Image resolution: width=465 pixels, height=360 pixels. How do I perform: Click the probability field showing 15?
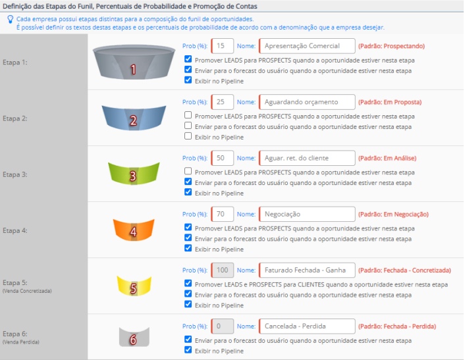point(223,46)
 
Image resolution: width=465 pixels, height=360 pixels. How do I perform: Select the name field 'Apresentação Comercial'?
point(307,46)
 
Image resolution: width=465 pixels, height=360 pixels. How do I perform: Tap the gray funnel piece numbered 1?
point(134,62)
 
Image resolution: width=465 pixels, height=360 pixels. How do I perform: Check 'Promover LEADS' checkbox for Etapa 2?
point(188,115)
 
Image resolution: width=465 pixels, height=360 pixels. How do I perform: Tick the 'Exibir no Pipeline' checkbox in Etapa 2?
point(188,136)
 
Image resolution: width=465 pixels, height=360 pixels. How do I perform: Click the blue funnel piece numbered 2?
point(134,118)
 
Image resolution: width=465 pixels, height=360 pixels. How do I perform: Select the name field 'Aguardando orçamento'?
point(307,102)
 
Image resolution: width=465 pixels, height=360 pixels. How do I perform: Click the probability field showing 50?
point(223,158)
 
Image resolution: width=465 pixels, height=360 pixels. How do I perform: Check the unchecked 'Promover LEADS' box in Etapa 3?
point(188,171)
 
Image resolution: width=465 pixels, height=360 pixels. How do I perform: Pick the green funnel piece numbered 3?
point(134,174)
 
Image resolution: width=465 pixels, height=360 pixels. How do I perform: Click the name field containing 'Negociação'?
point(307,214)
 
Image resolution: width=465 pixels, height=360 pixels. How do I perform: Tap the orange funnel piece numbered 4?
point(134,230)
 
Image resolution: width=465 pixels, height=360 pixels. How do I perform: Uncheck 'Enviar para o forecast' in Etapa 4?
point(188,238)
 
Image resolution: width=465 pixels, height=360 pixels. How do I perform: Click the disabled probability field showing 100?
point(223,270)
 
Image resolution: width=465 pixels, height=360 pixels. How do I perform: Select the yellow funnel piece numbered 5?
point(134,286)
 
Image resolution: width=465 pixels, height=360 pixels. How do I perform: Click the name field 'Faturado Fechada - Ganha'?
point(307,270)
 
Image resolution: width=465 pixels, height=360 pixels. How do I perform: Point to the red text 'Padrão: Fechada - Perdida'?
point(397,326)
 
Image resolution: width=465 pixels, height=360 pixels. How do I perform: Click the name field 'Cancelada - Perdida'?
point(307,326)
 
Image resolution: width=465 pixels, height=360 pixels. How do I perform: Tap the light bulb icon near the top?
point(11,20)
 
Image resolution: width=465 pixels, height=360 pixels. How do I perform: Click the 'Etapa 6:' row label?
point(15,334)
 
